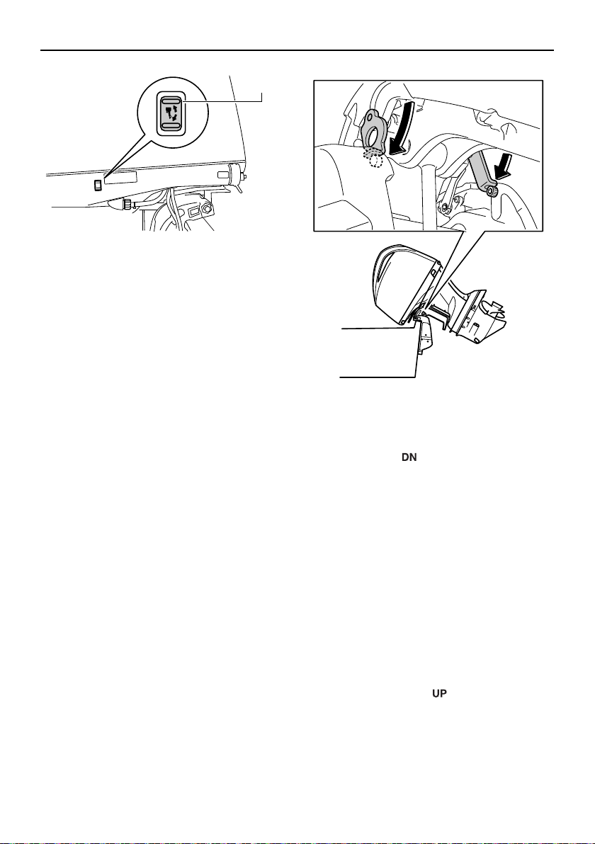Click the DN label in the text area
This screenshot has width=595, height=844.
[x=409, y=459]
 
